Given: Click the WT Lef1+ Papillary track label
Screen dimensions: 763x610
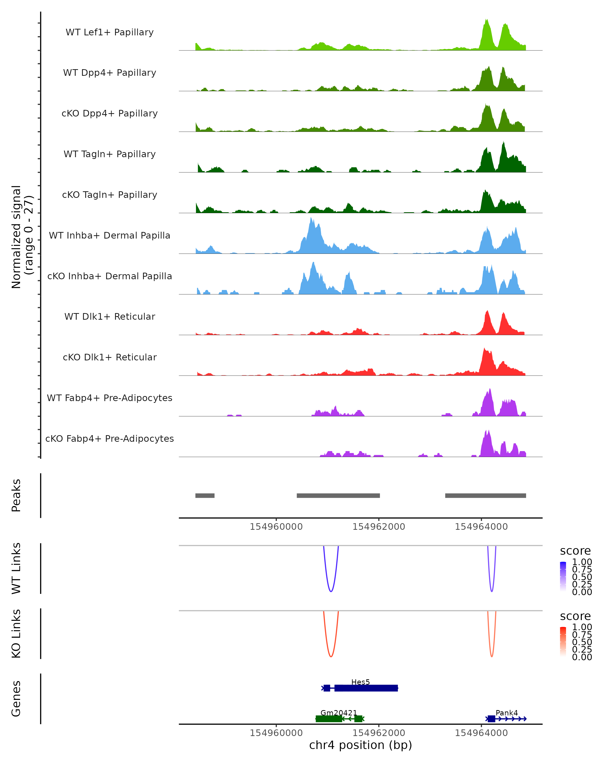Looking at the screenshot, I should pyautogui.click(x=110, y=32).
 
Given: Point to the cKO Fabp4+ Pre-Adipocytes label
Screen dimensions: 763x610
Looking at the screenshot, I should pyautogui.click(x=110, y=438).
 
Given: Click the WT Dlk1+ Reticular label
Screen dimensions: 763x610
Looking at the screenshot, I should pyautogui.click(x=110, y=316).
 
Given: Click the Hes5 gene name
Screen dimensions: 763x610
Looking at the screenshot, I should pyautogui.click(x=360, y=682).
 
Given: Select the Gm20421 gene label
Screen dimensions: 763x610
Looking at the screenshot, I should pyautogui.click(x=338, y=712).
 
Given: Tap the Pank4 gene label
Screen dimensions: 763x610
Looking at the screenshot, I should pyautogui.click(x=506, y=712).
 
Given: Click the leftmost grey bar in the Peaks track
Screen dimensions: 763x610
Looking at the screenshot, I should pyautogui.click(x=205, y=495).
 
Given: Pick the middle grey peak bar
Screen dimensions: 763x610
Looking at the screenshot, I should pyautogui.click(x=338, y=495).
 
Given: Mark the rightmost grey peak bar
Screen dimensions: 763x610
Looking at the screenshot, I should pyautogui.click(x=485, y=495).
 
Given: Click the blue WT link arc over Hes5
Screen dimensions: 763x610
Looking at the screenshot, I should pyautogui.click(x=331, y=591).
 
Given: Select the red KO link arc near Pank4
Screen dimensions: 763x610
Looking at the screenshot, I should pyautogui.click(x=492, y=656).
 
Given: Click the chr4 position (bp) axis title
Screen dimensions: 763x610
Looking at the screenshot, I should pyautogui.click(x=360, y=745).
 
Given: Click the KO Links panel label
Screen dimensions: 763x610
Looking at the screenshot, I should pyautogui.click(x=16, y=634).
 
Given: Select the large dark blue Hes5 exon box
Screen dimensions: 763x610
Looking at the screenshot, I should pyautogui.click(x=366, y=688).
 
